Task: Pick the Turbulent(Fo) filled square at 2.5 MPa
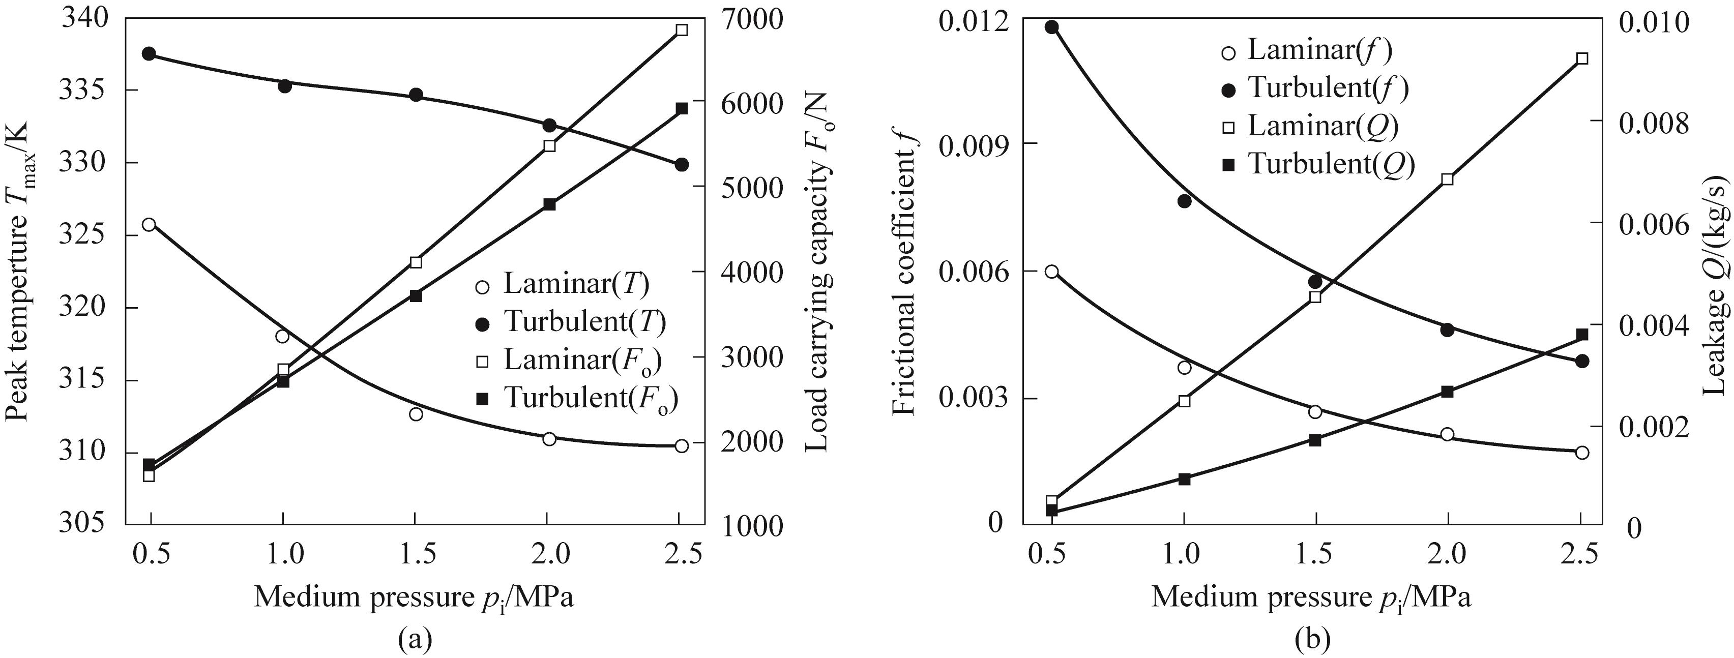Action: [681, 108]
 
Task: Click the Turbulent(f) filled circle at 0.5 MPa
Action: [1051, 27]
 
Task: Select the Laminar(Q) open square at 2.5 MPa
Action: [1582, 58]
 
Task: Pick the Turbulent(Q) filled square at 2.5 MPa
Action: [1582, 335]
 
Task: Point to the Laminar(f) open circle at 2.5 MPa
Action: [1582, 452]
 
